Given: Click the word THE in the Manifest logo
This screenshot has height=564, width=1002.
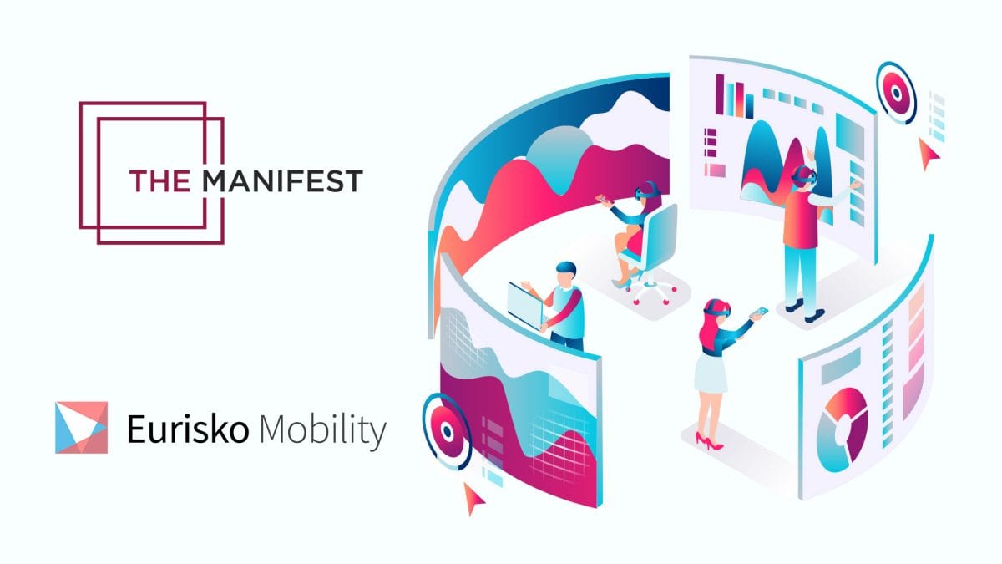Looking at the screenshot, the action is click(159, 180).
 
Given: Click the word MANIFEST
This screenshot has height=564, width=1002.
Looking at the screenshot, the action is click(282, 180).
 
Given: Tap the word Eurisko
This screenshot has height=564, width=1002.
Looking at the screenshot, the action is click(188, 429).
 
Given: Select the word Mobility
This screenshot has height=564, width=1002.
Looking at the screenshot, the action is click(323, 430).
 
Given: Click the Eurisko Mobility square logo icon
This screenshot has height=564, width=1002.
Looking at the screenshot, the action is click(82, 428).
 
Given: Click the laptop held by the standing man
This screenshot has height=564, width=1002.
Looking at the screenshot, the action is click(525, 305).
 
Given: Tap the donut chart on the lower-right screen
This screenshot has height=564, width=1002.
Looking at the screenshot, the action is click(842, 429).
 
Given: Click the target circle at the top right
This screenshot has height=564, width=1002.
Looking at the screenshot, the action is click(896, 93).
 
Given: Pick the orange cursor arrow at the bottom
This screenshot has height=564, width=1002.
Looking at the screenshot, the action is click(473, 498).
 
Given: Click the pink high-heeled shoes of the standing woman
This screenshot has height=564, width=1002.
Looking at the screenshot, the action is click(710, 441).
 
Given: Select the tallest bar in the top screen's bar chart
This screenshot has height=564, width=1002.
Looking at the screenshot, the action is click(720, 94).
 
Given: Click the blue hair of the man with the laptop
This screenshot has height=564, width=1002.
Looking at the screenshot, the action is click(566, 267).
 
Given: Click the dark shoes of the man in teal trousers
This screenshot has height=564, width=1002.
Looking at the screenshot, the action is click(804, 310).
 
